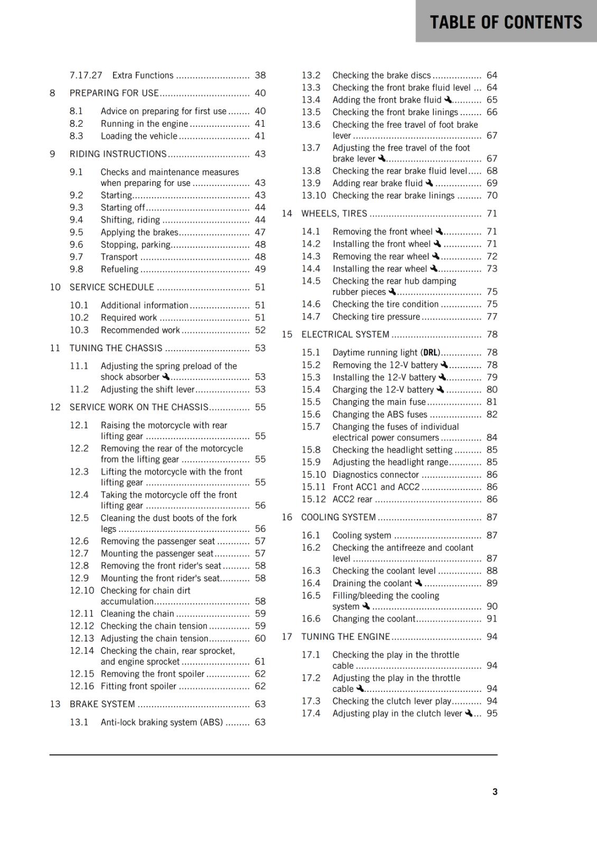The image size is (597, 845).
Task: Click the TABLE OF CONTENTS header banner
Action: point(506,22)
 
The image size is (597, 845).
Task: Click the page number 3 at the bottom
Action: point(495,792)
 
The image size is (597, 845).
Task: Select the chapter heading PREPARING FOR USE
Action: point(114,93)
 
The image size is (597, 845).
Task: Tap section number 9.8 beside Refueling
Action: point(77,269)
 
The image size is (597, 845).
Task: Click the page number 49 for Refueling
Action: point(260,269)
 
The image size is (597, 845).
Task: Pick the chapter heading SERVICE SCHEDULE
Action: point(112,287)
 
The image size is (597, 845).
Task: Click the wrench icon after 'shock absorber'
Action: point(166,377)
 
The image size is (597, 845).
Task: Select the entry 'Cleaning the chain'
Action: point(137,614)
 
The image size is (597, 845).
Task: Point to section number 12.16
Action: point(82,686)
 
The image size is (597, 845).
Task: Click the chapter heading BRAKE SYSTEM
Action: point(102,704)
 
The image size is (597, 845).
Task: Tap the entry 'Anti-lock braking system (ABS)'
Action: point(162,722)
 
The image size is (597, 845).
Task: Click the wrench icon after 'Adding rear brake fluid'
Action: point(429,183)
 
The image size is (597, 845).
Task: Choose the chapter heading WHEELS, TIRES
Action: point(334,213)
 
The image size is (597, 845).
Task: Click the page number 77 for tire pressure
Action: point(492,317)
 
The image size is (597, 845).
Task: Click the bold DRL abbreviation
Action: point(431,352)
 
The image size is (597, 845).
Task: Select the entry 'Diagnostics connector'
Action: point(376,475)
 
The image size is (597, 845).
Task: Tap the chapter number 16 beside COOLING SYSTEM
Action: point(287,517)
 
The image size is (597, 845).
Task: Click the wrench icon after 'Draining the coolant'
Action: point(418,583)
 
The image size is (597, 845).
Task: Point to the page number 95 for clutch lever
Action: point(492,713)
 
